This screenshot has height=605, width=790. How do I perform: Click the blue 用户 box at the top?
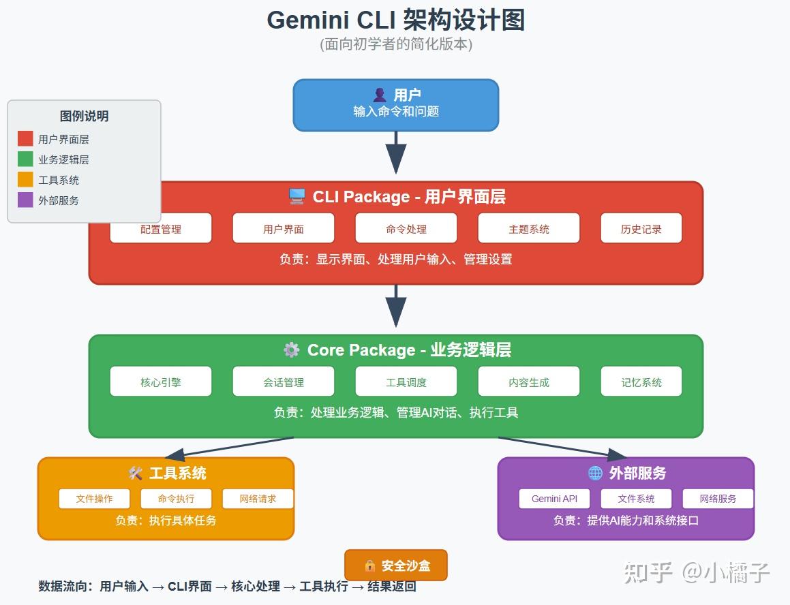pyautogui.click(x=395, y=104)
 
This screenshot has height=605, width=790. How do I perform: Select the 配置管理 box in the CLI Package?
pyautogui.click(x=161, y=229)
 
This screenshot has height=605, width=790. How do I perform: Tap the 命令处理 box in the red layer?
pyautogui.click(x=406, y=229)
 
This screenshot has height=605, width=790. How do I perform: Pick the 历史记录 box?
pyautogui.click(x=641, y=229)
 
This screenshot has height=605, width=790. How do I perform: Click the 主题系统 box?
pyautogui.click(x=529, y=229)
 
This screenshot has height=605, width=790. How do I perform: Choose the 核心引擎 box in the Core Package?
pyautogui.click(x=161, y=382)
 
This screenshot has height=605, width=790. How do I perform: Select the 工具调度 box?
pyautogui.click(x=406, y=382)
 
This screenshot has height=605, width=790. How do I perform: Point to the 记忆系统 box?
pyautogui.click(x=641, y=382)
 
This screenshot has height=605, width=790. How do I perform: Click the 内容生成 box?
pyautogui.click(x=529, y=382)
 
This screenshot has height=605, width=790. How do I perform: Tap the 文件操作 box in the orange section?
pyautogui.click(x=94, y=499)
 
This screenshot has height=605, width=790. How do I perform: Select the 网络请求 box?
pyautogui.click(x=258, y=499)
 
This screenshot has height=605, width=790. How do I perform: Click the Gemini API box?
pyautogui.click(x=554, y=499)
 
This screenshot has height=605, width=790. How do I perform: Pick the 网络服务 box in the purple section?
pyautogui.click(x=718, y=499)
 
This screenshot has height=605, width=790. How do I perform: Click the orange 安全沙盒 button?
pyautogui.click(x=395, y=565)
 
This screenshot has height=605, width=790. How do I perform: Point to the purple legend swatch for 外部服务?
pyautogui.click(x=25, y=200)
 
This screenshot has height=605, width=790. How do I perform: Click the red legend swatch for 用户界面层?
pyautogui.click(x=25, y=139)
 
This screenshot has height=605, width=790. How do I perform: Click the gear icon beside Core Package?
pyautogui.click(x=291, y=350)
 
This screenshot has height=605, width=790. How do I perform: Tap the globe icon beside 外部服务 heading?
pyautogui.click(x=594, y=473)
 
